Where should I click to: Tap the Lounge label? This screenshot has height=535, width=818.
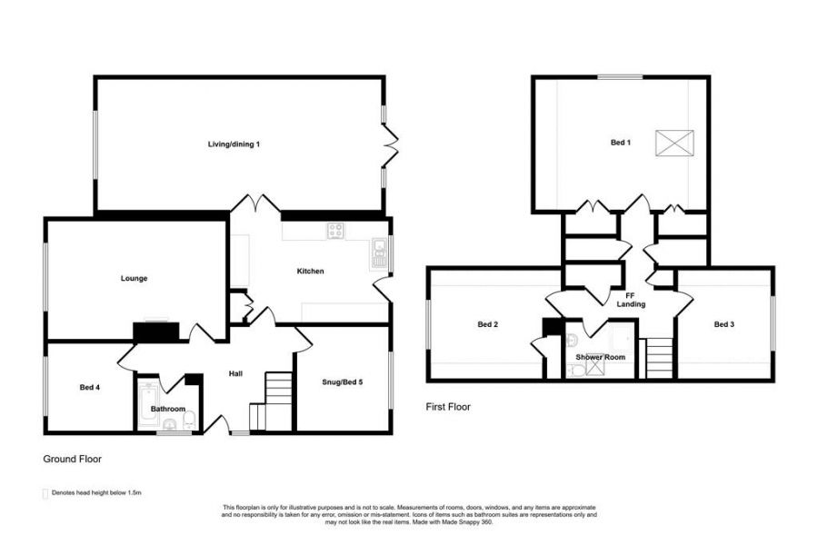pos(134,278)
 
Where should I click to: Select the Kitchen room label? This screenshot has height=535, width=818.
pos(310,271)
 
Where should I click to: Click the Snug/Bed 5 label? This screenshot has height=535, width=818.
pos(342,382)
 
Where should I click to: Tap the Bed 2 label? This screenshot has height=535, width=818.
pos(487,324)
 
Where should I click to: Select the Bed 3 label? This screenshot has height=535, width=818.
pos(723,324)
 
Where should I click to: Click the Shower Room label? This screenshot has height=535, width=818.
pos(601,357)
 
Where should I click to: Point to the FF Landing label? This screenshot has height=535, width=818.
pos(631,299)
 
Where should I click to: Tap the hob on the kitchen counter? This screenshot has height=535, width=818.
pos(336,231)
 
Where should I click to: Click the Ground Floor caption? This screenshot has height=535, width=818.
pos(73,460)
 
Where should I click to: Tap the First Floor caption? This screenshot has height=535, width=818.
pos(448,408)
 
